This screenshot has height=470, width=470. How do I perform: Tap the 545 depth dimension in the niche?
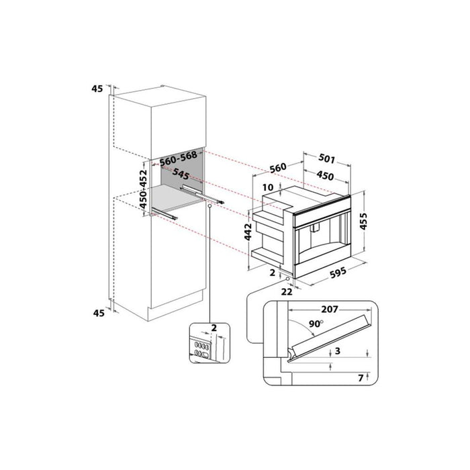tap(181, 174)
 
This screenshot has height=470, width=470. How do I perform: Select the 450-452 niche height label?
tap(144, 189)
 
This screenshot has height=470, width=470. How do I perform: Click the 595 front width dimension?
tap(338, 273)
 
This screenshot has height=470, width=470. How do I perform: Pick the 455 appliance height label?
tap(363, 221)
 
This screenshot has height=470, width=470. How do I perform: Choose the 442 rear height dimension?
tap(248, 232)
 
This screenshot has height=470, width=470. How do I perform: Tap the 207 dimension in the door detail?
tap(330, 309)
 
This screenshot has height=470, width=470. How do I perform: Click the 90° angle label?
tap(316, 324)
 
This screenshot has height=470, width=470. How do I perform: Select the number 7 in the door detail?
tap(361, 378)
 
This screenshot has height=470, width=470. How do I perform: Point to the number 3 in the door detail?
tap(338, 350)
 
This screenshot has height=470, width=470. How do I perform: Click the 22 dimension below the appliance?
tap(287, 291)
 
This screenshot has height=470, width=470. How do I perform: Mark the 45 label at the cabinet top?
tap(97, 89)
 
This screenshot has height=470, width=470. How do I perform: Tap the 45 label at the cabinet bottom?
tap(99, 313)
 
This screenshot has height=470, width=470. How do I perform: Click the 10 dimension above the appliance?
tap(268, 187)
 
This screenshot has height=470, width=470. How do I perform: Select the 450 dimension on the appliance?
tap(325, 175)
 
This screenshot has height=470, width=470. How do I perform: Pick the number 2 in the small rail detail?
tap(214, 328)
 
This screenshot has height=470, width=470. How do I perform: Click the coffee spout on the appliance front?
tap(315, 228)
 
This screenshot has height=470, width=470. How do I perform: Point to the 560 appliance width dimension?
tap(278, 168)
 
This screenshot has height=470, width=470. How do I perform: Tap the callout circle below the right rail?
tap(209, 207)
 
